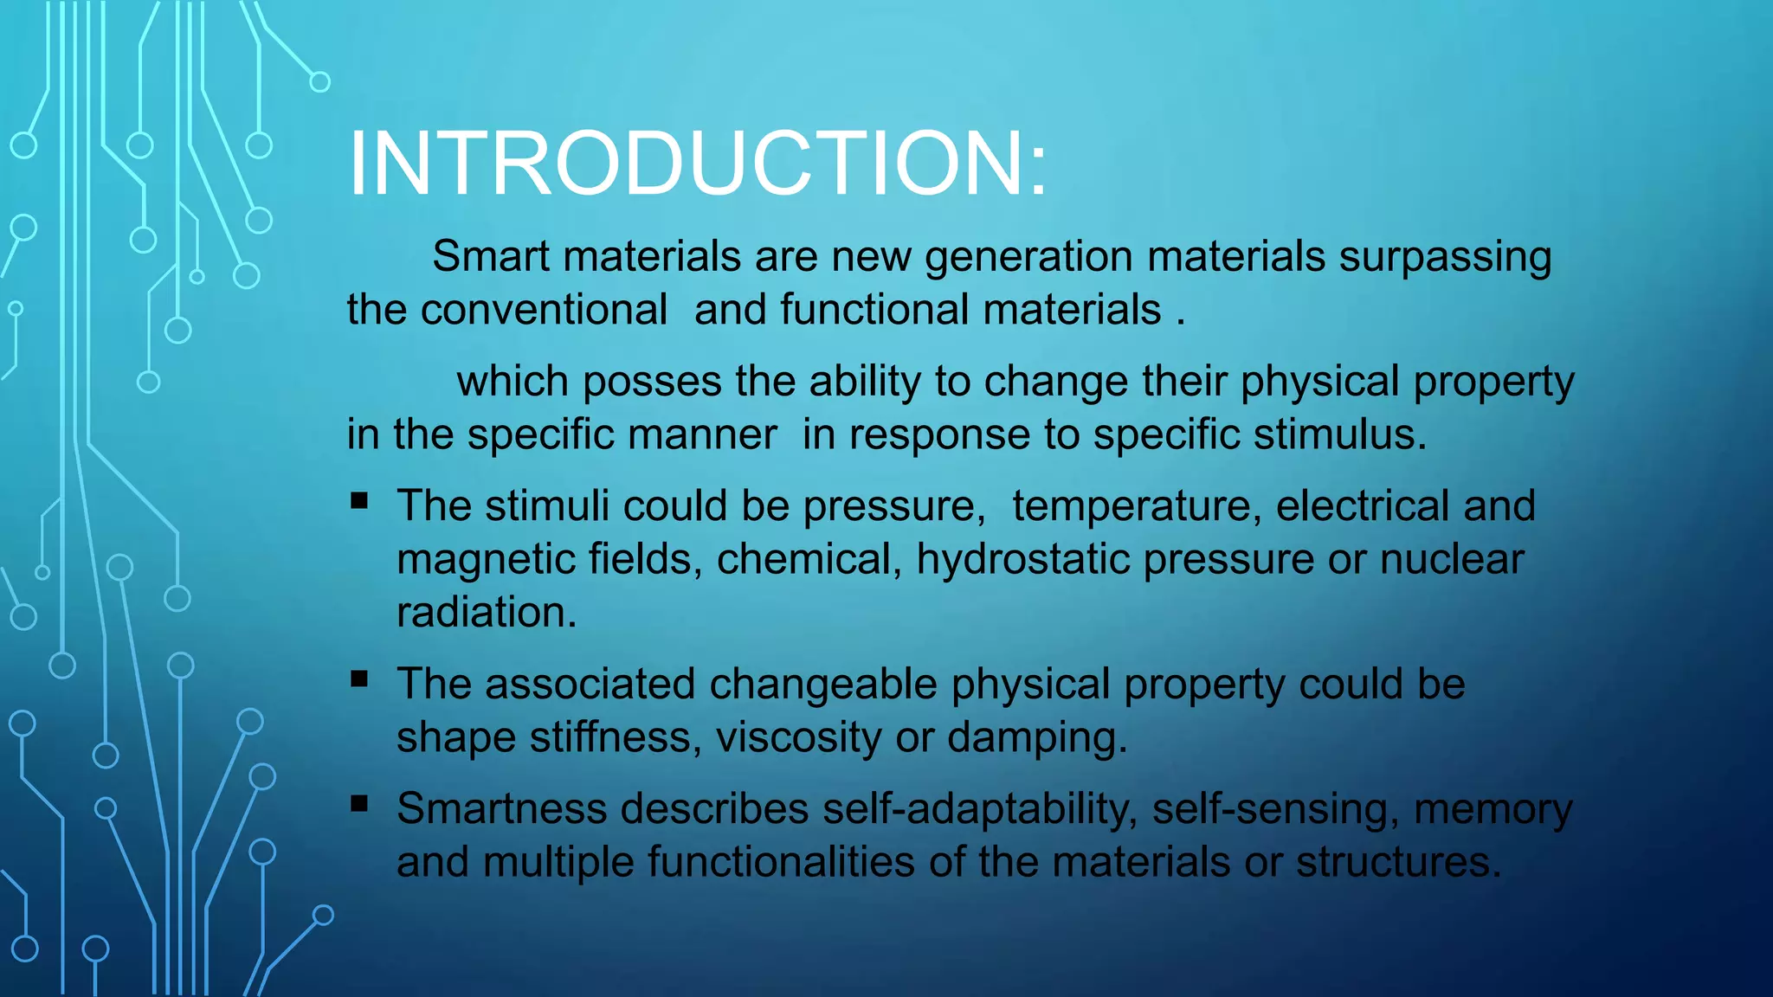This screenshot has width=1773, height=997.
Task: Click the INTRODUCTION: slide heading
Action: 698,164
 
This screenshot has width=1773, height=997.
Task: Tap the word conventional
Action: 544,310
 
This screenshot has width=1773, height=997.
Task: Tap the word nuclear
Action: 1452,560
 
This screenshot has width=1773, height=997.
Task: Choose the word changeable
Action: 823,685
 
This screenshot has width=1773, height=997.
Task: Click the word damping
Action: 1037,738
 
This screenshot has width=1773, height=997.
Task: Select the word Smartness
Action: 502,809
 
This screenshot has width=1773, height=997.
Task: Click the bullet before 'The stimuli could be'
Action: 359,500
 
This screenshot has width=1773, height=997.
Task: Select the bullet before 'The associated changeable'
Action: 359,679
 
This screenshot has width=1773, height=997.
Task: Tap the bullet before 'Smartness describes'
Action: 359,803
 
